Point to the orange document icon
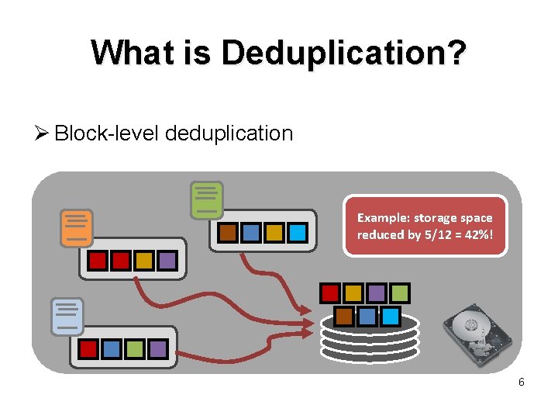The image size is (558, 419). (77, 228)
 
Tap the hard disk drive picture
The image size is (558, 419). (477, 331)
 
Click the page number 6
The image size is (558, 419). (521, 382)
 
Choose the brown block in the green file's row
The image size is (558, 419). (228, 232)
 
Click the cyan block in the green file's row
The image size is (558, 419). (297, 232)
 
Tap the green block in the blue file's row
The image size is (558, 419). (134, 349)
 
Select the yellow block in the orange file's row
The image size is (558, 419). (143, 261)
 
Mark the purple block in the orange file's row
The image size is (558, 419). (167, 261)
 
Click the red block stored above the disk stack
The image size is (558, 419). (330, 293)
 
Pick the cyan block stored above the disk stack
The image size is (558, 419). (390, 316)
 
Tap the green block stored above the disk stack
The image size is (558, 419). (400, 293)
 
